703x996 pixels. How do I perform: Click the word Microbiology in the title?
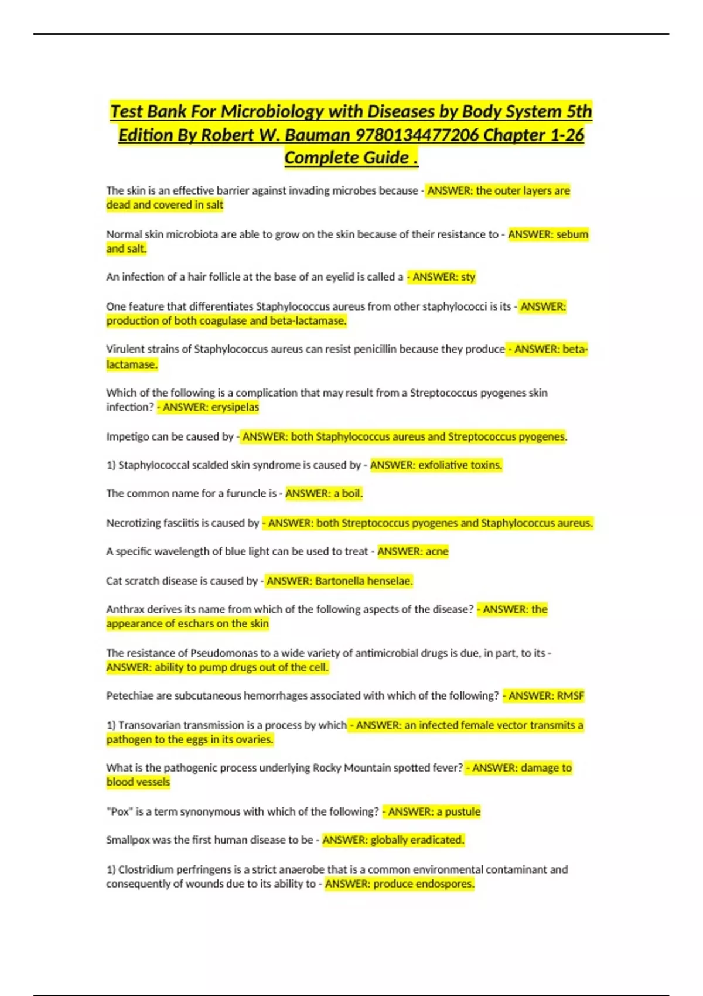pos(272,111)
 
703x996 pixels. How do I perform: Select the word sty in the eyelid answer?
pos(467,277)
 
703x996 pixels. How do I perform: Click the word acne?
pos(436,551)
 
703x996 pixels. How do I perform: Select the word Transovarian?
pos(149,725)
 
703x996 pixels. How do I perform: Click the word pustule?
pos(463,811)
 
